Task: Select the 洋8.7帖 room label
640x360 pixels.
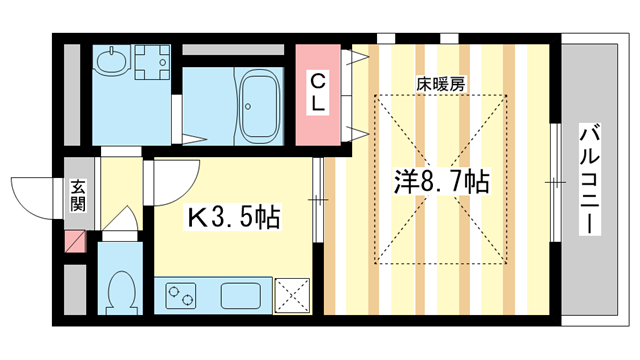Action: (440, 183)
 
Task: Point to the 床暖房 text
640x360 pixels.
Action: (440, 85)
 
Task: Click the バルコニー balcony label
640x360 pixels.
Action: (590, 180)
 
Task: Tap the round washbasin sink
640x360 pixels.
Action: (109, 62)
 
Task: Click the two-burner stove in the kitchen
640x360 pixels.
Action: (181, 296)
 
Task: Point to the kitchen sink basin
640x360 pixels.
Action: (241, 296)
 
